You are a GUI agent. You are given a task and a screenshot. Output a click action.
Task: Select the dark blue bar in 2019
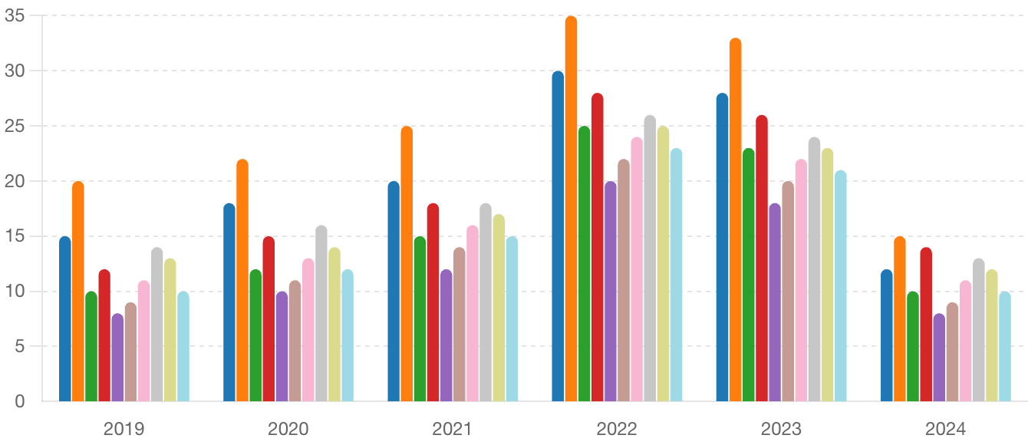point(65,318)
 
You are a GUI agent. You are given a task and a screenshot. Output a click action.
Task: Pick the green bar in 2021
point(420,318)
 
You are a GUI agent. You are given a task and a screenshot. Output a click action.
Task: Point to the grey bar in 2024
point(979,330)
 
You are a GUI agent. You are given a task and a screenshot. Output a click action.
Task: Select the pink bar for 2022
point(637,269)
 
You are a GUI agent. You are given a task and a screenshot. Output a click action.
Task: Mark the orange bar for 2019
point(78,292)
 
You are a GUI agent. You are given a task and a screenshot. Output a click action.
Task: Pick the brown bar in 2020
point(295,341)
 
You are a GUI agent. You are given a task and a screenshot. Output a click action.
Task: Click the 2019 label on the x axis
point(124,428)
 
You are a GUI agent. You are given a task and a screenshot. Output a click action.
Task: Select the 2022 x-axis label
point(617,428)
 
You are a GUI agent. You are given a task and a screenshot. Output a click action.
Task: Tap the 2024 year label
point(945,428)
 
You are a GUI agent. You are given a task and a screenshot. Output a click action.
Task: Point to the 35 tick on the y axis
point(15,16)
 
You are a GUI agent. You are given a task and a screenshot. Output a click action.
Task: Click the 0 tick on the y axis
point(20,401)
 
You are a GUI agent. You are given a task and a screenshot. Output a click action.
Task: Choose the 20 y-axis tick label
point(15,181)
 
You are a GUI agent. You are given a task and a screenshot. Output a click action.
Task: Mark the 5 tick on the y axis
point(20,346)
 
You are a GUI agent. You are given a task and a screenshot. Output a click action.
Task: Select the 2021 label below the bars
point(453,428)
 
